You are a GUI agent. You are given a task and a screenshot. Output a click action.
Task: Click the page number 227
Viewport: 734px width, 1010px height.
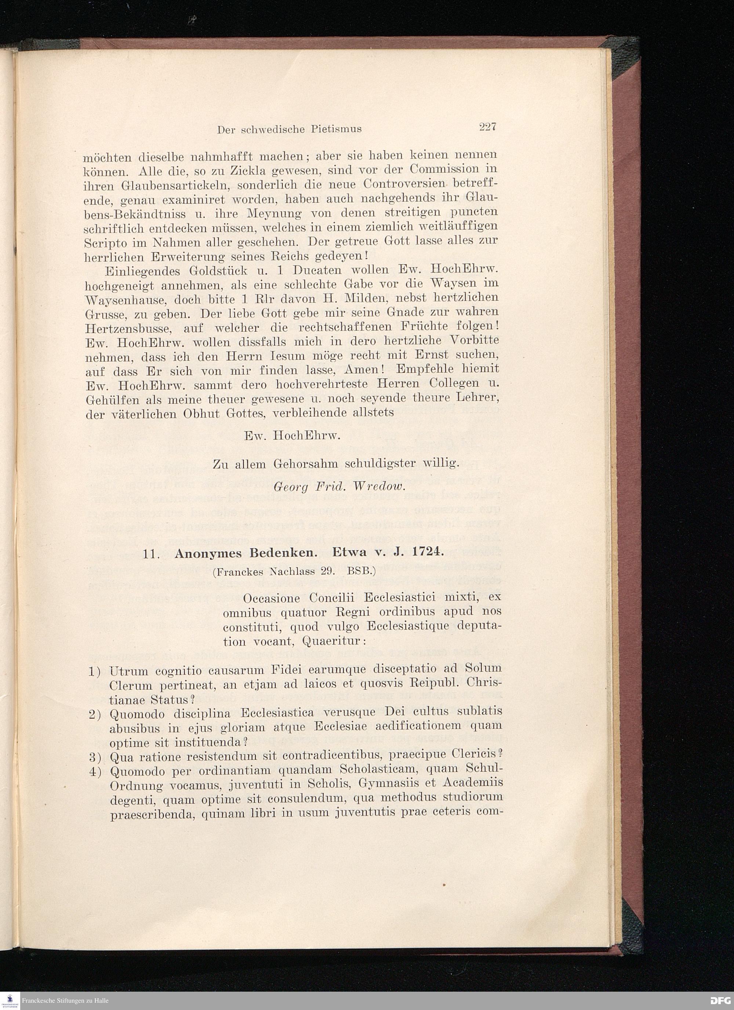click(487, 127)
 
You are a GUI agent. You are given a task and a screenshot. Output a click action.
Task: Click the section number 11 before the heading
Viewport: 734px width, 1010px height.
click(151, 554)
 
